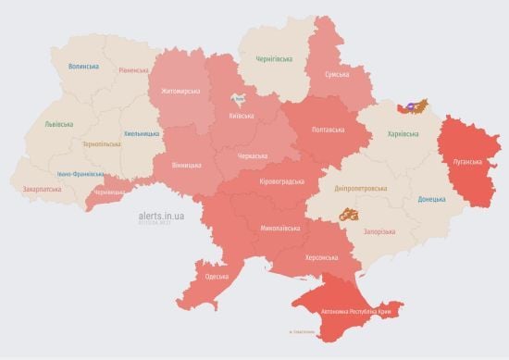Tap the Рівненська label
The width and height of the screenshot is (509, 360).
[131, 71]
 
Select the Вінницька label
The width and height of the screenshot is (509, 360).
[186, 165]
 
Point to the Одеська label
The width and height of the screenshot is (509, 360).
[217, 277]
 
